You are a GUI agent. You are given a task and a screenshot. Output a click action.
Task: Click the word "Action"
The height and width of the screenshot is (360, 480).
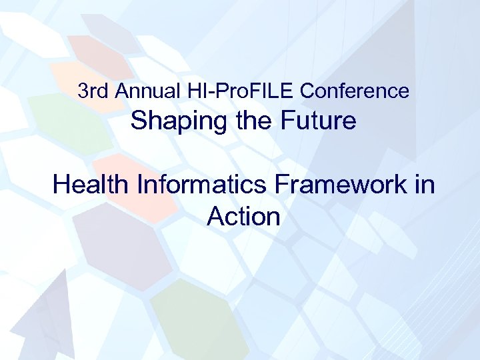tap(243, 216)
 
